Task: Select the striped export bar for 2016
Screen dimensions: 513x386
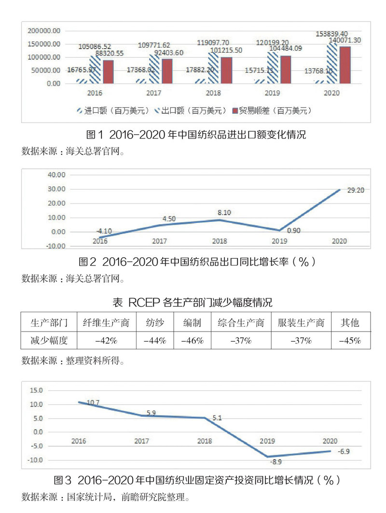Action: (x=95, y=69)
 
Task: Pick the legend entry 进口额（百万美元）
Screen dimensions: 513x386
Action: (x=109, y=111)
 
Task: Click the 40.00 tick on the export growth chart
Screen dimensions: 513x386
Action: (x=56, y=175)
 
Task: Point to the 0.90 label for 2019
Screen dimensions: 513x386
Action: (x=293, y=231)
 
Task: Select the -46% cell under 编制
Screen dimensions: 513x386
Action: (x=192, y=341)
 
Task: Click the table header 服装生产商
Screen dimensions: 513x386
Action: (x=301, y=323)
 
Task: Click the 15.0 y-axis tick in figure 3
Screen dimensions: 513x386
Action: (x=36, y=390)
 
